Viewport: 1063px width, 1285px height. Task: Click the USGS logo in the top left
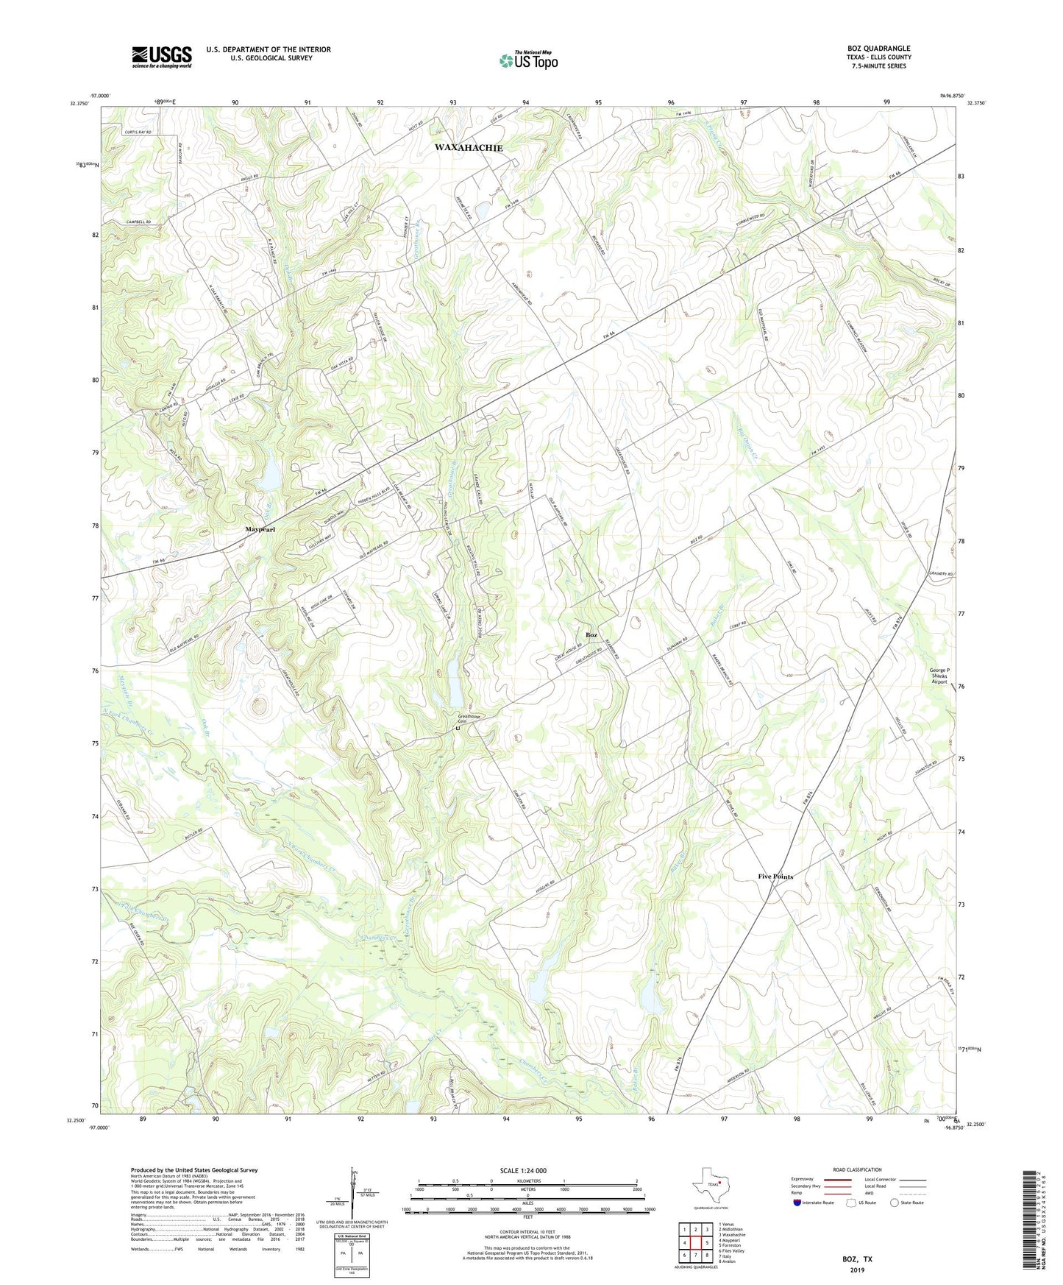(162, 57)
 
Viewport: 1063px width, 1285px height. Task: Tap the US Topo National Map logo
(527, 60)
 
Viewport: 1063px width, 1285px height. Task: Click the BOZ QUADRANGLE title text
(878, 49)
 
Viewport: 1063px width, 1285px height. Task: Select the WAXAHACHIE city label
(469, 148)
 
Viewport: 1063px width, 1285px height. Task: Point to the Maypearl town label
(260, 530)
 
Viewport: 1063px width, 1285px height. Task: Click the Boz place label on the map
(591, 634)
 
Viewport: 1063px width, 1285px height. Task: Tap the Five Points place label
(775, 877)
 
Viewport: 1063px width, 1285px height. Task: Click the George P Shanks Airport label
(939, 676)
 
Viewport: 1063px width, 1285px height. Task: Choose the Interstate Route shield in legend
(797, 1203)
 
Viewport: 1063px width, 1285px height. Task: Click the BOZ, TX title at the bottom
(857, 1259)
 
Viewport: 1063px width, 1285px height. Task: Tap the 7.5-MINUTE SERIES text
(878, 66)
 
